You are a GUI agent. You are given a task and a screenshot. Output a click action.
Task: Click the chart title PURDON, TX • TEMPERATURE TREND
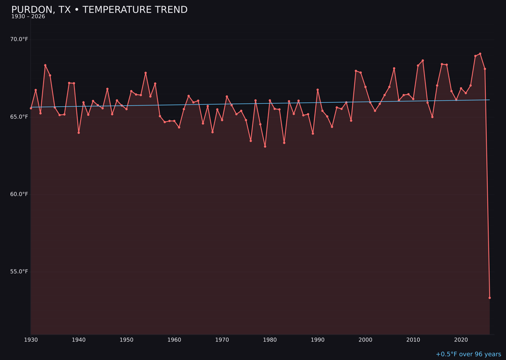click(99, 10)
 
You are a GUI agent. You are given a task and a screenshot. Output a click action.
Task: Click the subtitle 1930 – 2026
click(28, 17)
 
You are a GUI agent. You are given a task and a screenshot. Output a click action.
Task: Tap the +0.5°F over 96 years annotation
click(468, 354)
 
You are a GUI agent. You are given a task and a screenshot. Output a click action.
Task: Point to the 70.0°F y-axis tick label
click(19, 39)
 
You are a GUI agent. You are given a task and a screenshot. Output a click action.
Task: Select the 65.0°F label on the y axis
click(19, 117)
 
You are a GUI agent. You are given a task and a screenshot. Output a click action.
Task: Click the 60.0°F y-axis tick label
click(19, 194)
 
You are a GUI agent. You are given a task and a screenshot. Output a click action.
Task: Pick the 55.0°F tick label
click(19, 271)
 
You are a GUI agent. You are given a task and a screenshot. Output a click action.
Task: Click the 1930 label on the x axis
click(31, 340)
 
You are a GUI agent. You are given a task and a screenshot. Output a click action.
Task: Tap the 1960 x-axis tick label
click(174, 340)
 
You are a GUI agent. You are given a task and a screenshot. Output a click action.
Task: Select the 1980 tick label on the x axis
click(270, 340)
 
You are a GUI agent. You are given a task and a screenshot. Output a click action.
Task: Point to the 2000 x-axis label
click(365, 340)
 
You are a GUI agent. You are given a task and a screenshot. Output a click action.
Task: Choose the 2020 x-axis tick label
click(461, 340)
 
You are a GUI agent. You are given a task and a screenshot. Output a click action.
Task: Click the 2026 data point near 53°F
click(490, 298)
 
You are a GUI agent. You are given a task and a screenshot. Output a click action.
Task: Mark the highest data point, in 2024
click(480, 54)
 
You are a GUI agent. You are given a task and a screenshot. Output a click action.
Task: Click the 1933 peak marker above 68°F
click(45, 65)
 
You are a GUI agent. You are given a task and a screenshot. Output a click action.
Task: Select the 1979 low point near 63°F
click(265, 146)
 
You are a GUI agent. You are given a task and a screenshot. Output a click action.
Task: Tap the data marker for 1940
click(79, 133)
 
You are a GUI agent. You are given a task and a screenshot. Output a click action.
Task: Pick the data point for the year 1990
click(318, 90)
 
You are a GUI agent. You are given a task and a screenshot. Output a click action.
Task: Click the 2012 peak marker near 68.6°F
click(423, 60)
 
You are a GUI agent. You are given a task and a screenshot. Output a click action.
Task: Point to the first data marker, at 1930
click(31, 108)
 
